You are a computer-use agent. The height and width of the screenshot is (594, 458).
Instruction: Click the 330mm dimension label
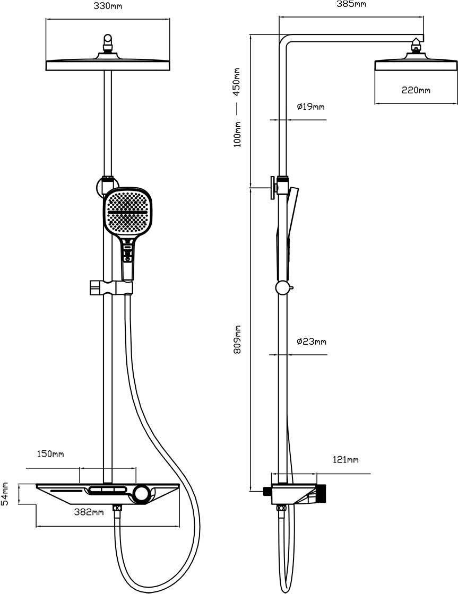pyautogui.click(x=107, y=6)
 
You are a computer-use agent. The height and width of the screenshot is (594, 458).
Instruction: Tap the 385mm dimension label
pyautogui.click(x=352, y=4)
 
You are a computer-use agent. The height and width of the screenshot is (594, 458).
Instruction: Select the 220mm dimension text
pyautogui.click(x=416, y=90)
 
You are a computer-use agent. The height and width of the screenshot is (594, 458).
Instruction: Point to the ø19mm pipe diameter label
pyautogui.click(x=310, y=107)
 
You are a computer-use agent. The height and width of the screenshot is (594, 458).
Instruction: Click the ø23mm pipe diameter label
pyautogui.click(x=311, y=341)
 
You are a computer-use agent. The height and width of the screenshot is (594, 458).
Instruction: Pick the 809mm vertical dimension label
pyautogui.click(x=237, y=339)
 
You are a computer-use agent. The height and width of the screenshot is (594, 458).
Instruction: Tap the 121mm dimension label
pyautogui.click(x=345, y=459)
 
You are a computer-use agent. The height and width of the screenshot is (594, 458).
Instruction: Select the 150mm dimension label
pyautogui.click(x=50, y=454)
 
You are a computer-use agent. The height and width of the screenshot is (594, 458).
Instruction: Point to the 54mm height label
pyautogui.click(x=5, y=493)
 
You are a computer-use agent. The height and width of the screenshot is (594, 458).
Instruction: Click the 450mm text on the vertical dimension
pyautogui.click(x=237, y=81)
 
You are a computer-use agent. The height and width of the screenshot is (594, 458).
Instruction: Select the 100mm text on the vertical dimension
pyautogui.click(x=237, y=134)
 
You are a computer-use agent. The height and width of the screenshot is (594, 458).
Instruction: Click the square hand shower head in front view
pyautogui.click(x=127, y=212)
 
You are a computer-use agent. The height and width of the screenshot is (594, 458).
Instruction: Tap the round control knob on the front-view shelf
pyautogui.click(x=142, y=494)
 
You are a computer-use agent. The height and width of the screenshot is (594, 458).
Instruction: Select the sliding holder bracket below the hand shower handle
pyautogui.click(x=109, y=287)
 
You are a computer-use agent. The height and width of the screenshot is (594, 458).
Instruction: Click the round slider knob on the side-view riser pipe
pyautogui.click(x=282, y=288)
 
